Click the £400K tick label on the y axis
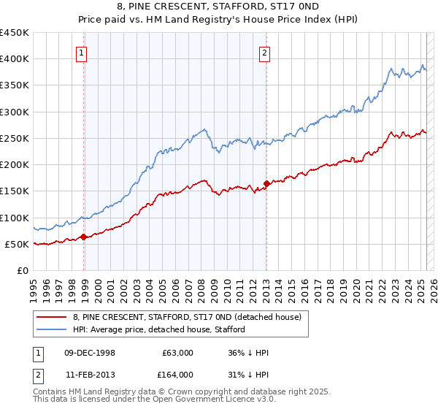[x=14, y=59]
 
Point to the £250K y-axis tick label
[x=14, y=138]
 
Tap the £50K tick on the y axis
[x=17, y=244]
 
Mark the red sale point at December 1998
[x=84, y=237]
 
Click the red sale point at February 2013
[x=266, y=183]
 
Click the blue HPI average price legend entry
[x=180, y=330]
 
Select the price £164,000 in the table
[x=178, y=375]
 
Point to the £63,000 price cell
[x=178, y=353]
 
